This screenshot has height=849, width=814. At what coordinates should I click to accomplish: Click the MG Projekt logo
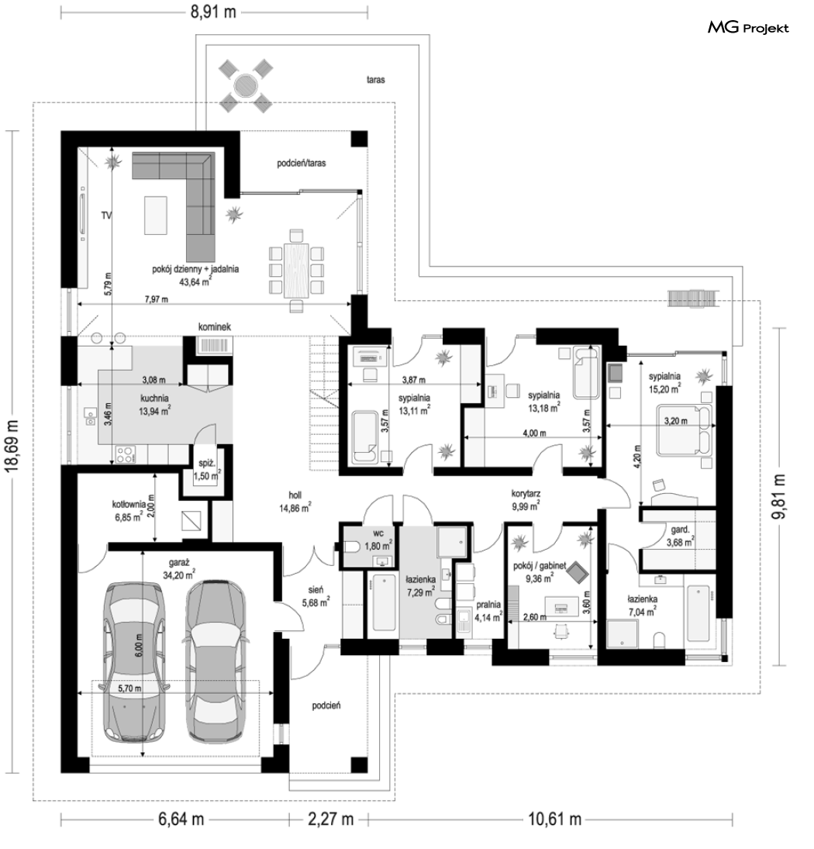point(748,28)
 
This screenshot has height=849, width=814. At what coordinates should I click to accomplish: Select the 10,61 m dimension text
point(555,819)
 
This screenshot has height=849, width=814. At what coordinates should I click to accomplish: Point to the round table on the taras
point(245,85)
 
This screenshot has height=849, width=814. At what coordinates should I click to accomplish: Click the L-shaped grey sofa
point(178,200)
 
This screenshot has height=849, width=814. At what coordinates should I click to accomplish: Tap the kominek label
point(214,326)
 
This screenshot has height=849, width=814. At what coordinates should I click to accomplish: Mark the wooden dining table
point(295,271)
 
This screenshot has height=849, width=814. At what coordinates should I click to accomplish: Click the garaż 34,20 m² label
point(178,568)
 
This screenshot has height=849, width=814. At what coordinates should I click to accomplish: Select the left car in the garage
point(134,661)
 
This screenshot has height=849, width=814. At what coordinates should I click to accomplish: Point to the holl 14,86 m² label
point(295,502)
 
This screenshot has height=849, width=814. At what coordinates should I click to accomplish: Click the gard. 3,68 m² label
point(680,536)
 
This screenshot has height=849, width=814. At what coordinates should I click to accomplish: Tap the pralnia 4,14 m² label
point(488,611)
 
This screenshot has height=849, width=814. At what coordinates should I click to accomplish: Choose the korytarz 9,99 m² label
point(526,500)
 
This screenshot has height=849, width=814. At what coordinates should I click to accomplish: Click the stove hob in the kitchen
point(125,454)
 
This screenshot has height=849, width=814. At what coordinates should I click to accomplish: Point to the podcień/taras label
point(302,163)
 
